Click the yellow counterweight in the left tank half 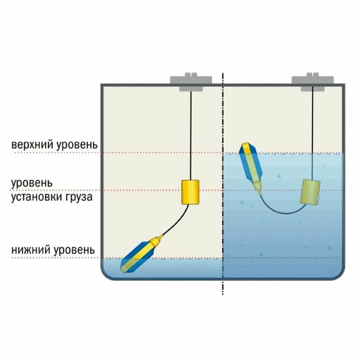coord(190,192)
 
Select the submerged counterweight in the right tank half coord(310,192)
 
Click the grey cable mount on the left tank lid coord(190,82)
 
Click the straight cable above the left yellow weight coord(190,137)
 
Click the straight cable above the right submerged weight coord(312,137)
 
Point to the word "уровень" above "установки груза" coord(32,183)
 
